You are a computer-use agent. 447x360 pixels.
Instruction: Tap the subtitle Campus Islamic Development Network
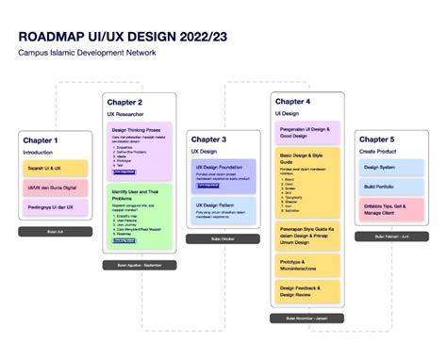click(x=86, y=53)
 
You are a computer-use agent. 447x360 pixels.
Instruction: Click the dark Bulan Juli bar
click(x=56, y=231)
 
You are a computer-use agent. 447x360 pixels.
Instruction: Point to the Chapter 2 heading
click(x=125, y=102)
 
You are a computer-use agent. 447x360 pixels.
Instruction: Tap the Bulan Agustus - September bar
click(x=140, y=265)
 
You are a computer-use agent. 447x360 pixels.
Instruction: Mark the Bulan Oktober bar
click(x=223, y=238)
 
